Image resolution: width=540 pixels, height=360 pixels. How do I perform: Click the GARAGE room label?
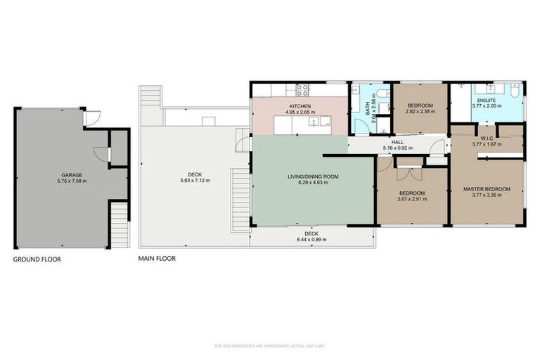(x=72, y=174)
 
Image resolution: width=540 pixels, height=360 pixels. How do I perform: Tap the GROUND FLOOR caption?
(x=37, y=259)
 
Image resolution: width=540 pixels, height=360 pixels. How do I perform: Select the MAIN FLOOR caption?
(x=157, y=259)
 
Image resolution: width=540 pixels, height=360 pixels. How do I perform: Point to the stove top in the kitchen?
(x=303, y=90)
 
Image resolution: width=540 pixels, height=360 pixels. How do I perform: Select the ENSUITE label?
(x=487, y=100)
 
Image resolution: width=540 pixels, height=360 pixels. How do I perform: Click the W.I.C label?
(x=487, y=138)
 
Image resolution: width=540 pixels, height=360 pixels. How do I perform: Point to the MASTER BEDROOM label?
(x=487, y=189)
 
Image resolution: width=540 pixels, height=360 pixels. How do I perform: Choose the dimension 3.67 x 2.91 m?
(x=411, y=199)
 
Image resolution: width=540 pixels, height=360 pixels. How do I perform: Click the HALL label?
(x=397, y=142)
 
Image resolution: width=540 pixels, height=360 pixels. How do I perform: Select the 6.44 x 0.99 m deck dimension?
(x=311, y=240)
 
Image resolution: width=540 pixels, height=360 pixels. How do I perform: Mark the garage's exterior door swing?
(x=89, y=118)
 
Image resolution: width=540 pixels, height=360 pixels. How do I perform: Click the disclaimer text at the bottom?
(x=269, y=346)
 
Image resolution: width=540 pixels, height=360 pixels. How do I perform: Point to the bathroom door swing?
(x=361, y=126)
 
